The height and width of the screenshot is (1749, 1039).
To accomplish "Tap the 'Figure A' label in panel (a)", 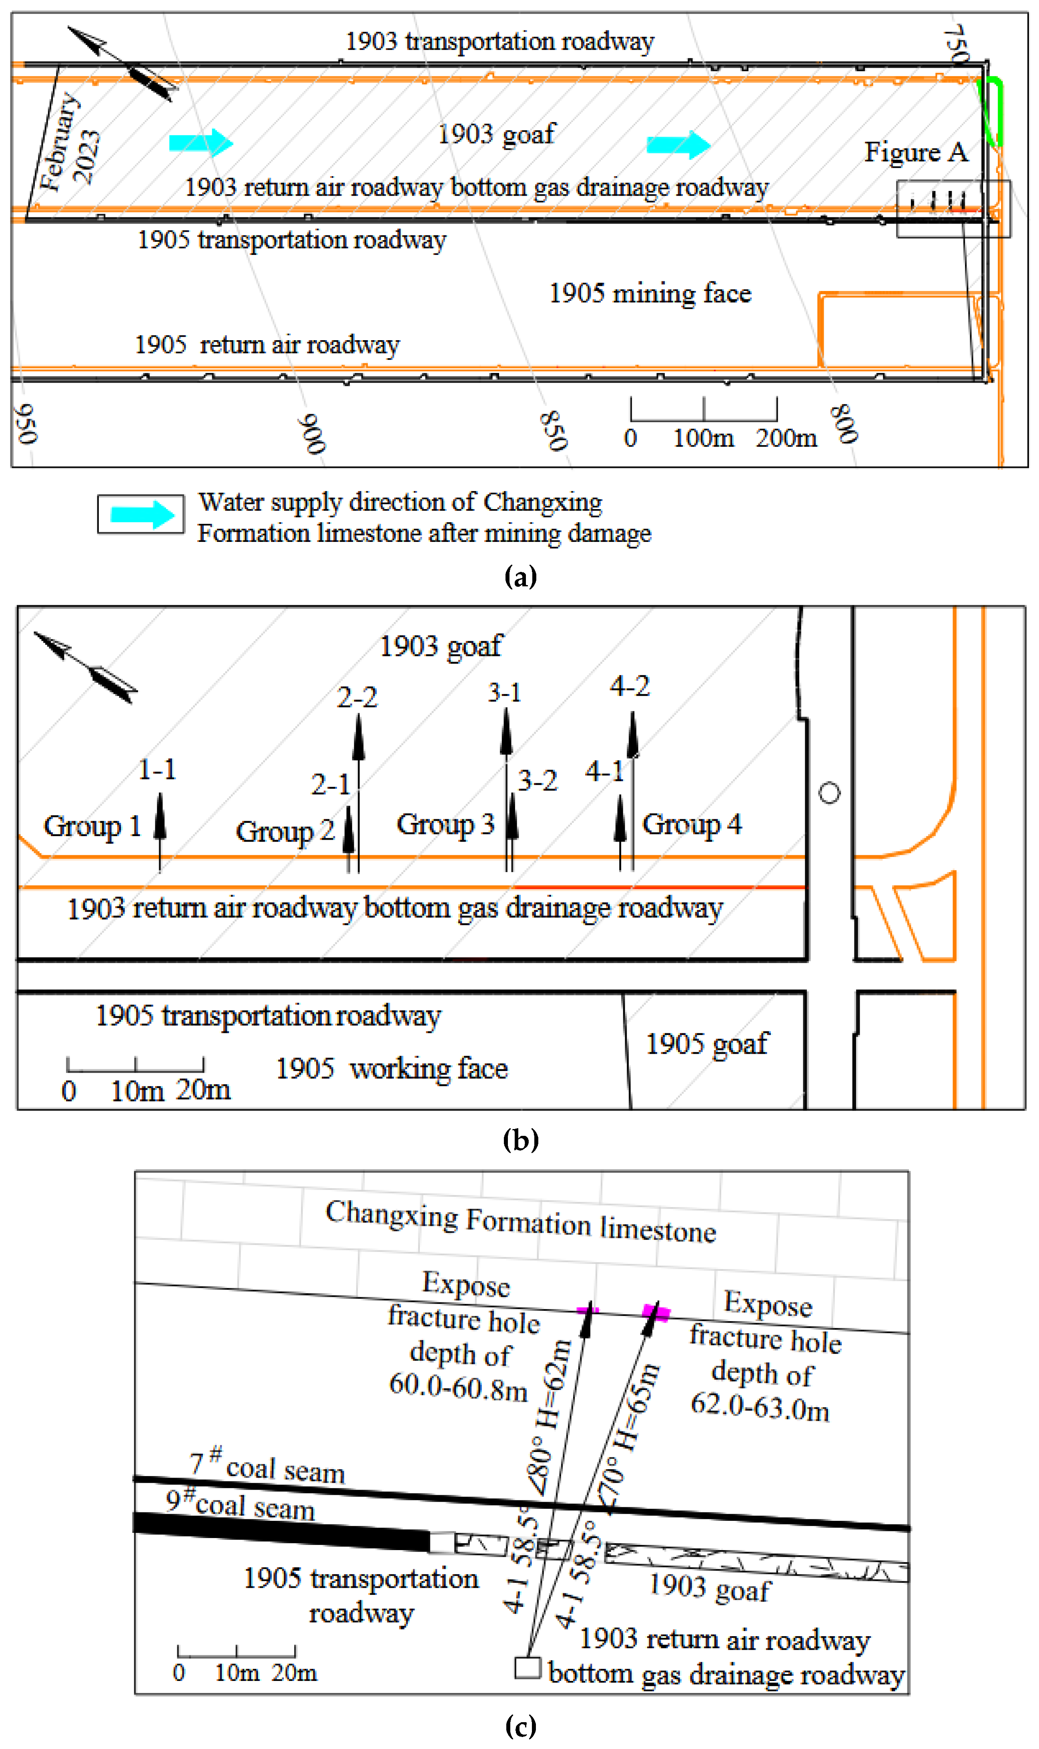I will [x=916, y=152].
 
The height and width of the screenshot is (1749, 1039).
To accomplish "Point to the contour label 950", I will [x=26, y=423].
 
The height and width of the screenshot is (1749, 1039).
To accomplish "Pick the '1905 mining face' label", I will [x=650, y=293].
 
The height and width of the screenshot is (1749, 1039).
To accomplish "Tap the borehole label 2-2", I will [x=357, y=697].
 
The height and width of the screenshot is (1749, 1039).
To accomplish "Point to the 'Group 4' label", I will [x=692, y=824].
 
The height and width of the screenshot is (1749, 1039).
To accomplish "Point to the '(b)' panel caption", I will [x=520, y=1139].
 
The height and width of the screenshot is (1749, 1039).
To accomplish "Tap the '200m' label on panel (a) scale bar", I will [x=786, y=437].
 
